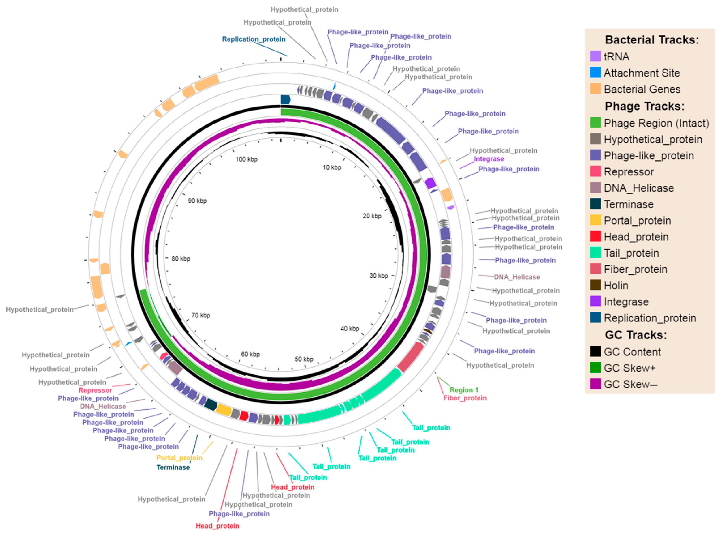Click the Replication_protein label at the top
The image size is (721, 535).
254,39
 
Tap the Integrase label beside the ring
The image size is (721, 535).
488,159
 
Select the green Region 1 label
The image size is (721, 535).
464,390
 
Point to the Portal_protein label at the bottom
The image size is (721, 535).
179,458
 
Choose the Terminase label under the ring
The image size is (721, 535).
173,467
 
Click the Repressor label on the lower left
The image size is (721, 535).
95,390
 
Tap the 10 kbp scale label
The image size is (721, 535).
332,167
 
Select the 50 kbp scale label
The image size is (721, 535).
304,359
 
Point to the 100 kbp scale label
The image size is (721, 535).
246,159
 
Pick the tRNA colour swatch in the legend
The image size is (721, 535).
595,56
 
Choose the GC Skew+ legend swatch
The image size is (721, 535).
595,368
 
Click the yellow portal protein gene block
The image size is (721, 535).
223,410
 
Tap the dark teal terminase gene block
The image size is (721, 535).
211,404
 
